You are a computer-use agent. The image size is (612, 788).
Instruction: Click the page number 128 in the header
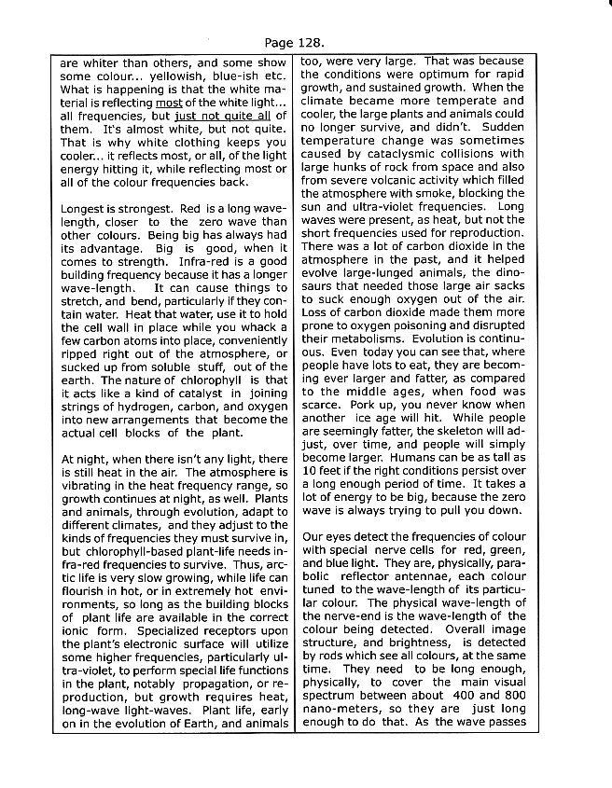(312, 43)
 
